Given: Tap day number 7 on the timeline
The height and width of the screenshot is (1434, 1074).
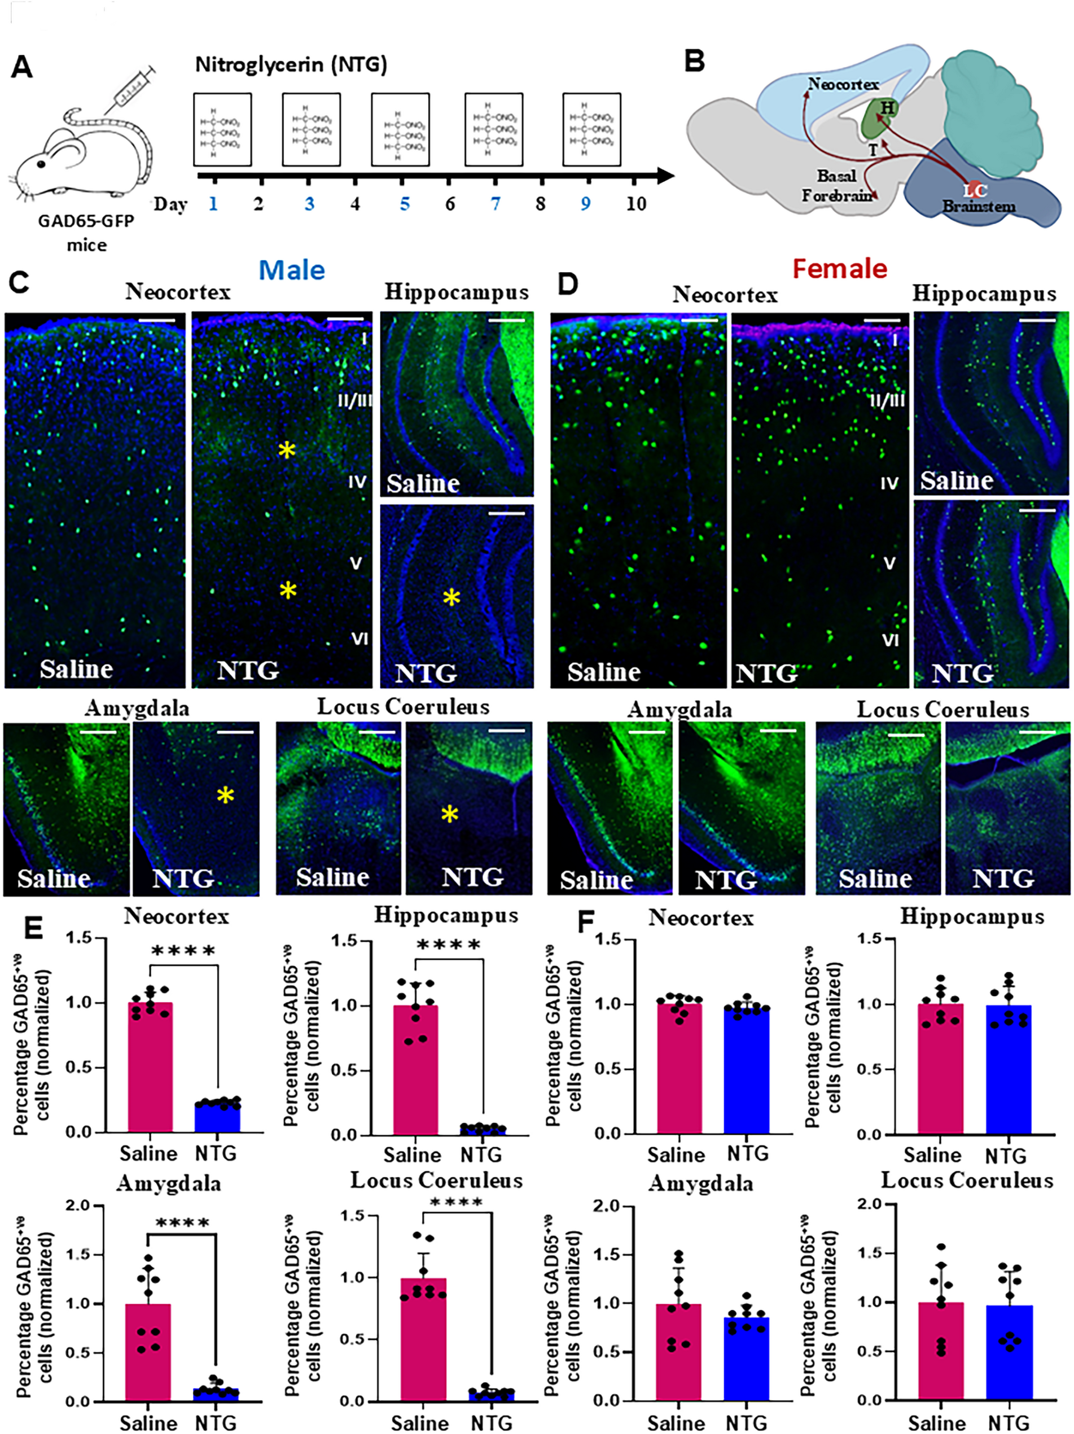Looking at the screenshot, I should click(x=495, y=204).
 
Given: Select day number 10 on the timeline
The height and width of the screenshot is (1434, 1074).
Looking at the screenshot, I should click(x=636, y=204).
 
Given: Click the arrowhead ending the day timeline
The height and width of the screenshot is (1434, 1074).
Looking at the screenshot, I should click(x=665, y=175).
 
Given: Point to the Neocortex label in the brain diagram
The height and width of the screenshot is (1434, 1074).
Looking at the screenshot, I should click(x=843, y=84).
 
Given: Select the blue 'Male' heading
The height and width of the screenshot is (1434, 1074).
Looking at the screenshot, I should click(x=292, y=270).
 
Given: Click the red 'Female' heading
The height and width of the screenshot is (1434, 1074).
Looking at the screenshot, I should click(x=839, y=268).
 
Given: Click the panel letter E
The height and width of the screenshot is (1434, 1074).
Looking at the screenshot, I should click(x=32, y=928).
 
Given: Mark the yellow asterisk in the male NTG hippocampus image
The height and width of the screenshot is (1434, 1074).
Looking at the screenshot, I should click(x=451, y=598).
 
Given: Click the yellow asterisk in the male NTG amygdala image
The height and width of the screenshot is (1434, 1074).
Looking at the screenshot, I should click(x=225, y=795).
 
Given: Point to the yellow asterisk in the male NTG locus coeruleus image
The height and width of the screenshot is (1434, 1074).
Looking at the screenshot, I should click(x=449, y=814).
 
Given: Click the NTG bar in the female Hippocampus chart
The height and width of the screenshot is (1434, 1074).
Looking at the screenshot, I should click(x=1009, y=1070).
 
